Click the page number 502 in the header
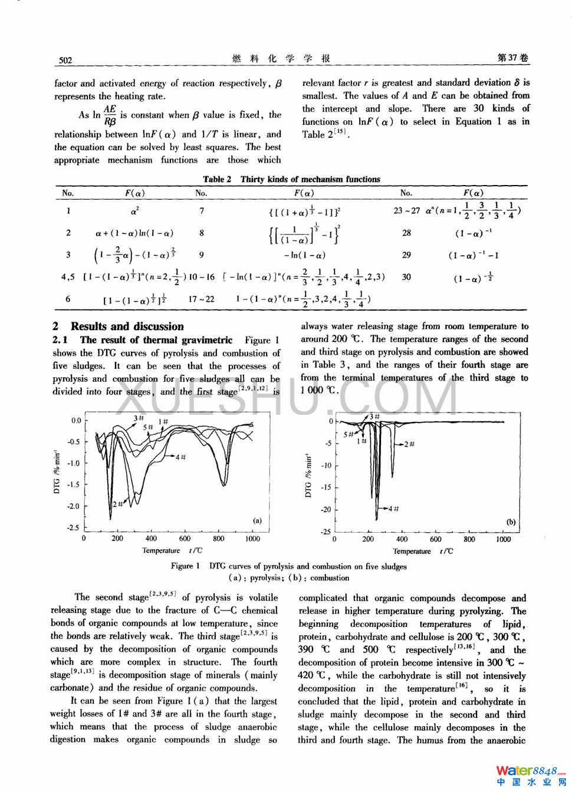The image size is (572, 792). click(x=65, y=60)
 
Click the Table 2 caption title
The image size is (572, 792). click(x=291, y=179)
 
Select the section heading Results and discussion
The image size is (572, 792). click(x=127, y=326)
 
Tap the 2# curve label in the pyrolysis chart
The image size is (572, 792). click(x=118, y=504)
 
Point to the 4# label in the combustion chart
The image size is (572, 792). click(x=393, y=508)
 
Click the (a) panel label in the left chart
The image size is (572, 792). click(x=257, y=520)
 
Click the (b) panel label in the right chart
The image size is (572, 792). click(x=511, y=522)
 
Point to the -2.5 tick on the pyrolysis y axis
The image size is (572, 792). click(x=73, y=528)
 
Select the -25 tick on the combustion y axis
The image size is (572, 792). click(x=326, y=532)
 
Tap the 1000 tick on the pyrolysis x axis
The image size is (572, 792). click(x=252, y=539)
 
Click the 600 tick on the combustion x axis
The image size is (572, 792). click(x=435, y=539)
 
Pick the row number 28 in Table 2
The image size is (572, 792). click(x=406, y=233)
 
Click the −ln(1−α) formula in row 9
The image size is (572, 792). click(x=304, y=255)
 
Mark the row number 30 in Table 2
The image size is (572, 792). click(x=406, y=277)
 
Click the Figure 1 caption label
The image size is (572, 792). click(x=185, y=566)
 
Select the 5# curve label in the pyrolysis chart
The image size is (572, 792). click(x=148, y=427)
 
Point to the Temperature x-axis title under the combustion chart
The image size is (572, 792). click(x=412, y=552)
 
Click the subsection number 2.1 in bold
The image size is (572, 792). click(x=60, y=340)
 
